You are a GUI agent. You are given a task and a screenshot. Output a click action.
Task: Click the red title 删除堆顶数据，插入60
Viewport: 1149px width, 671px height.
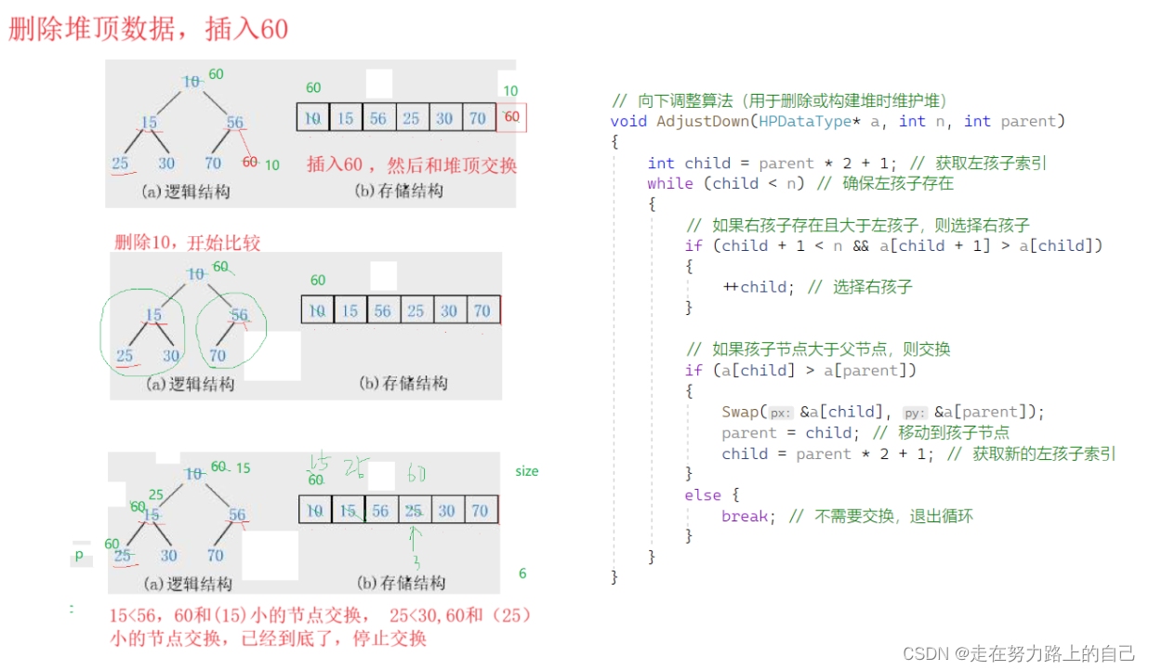[149, 29]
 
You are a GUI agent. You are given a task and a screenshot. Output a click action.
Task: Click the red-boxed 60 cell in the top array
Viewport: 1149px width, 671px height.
[511, 117]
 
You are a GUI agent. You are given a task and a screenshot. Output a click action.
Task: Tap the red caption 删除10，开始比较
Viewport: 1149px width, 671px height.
[187, 243]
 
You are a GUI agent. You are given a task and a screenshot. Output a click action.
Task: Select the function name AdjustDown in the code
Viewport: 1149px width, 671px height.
[702, 121]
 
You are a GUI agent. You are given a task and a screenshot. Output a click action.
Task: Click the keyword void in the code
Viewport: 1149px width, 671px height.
[628, 121]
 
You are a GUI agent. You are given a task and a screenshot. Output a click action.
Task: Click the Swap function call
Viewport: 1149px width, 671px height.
[741, 412]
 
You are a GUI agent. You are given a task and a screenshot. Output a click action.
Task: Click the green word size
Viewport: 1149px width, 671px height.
[527, 471]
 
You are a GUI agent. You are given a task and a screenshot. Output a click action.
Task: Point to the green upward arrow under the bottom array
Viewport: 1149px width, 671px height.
[416, 539]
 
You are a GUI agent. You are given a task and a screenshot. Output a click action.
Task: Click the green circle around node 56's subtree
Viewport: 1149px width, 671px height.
[233, 329]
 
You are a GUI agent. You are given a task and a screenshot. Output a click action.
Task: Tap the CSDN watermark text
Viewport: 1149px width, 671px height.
[1019, 653]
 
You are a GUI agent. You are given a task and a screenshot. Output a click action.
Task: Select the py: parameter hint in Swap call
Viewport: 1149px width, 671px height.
[916, 413]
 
